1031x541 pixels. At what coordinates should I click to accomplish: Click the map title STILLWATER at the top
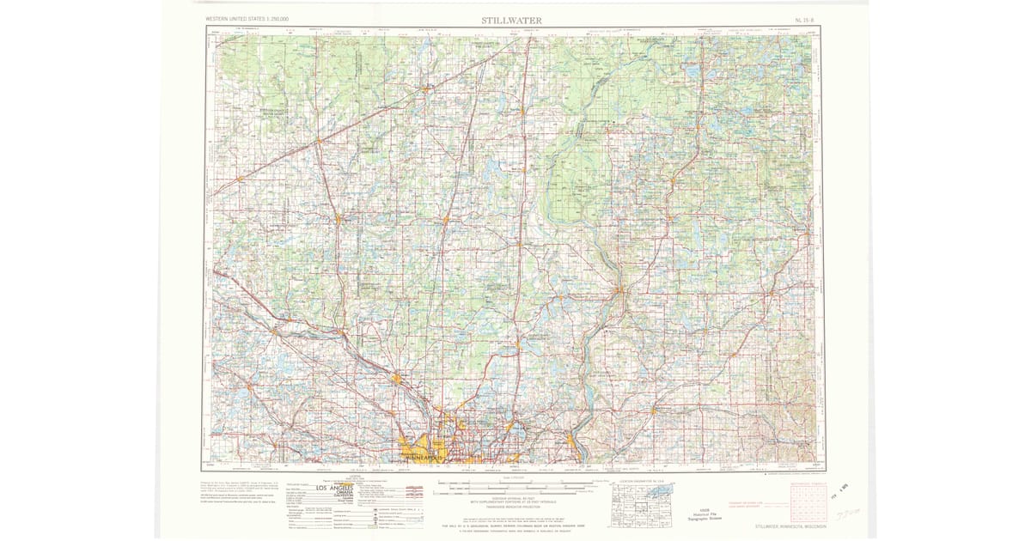[510, 20]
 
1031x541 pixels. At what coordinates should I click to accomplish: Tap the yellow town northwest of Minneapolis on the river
[396, 378]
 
